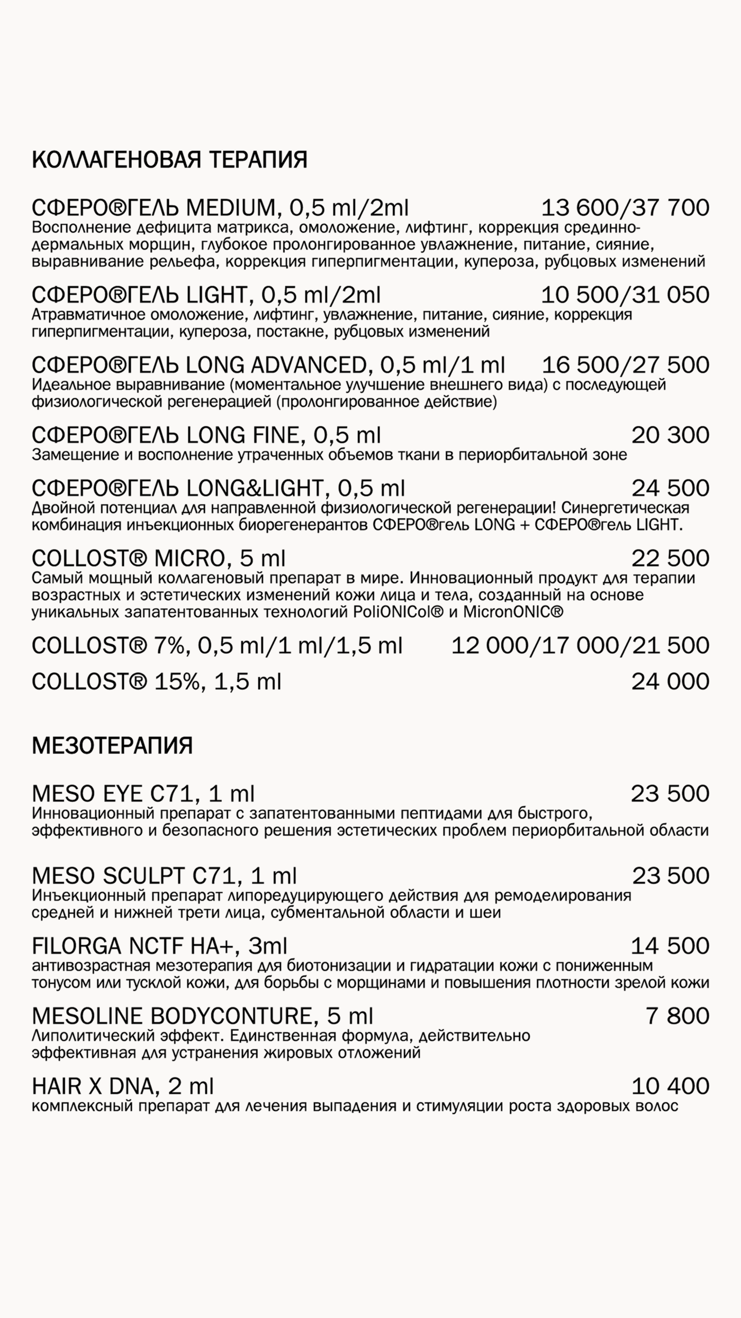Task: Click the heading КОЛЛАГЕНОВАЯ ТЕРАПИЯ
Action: click(169, 160)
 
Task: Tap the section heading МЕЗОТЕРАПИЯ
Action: click(112, 746)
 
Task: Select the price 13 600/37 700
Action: click(625, 208)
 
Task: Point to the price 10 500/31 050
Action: click(625, 295)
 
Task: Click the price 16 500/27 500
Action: click(625, 365)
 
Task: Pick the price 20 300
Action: click(670, 436)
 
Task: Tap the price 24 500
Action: click(670, 488)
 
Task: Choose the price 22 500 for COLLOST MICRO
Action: click(670, 559)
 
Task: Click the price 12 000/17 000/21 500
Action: click(580, 646)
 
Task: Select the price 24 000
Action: click(670, 682)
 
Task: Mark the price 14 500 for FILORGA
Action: click(670, 946)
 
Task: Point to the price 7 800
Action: click(677, 1016)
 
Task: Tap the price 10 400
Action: click(670, 1086)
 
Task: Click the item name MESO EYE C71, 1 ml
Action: click(143, 794)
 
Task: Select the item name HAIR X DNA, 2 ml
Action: click(122, 1086)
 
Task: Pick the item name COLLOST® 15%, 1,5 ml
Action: click(156, 682)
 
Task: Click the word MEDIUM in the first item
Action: click(231, 208)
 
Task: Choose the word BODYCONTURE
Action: click(232, 1016)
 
